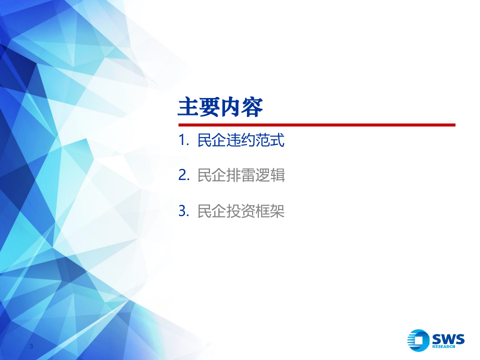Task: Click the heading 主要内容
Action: point(220,107)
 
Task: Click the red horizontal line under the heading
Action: point(316,125)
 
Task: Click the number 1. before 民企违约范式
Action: point(183,141)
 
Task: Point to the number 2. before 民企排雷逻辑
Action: point(183,176)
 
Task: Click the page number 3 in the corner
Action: point(31,347)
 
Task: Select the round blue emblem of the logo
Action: point(418,340)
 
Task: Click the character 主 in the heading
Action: point(188,107)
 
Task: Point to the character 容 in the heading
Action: point(252,107)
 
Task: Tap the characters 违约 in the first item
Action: point(241,140)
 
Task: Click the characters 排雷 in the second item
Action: point(241,175)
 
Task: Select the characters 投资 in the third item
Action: point(241,211)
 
